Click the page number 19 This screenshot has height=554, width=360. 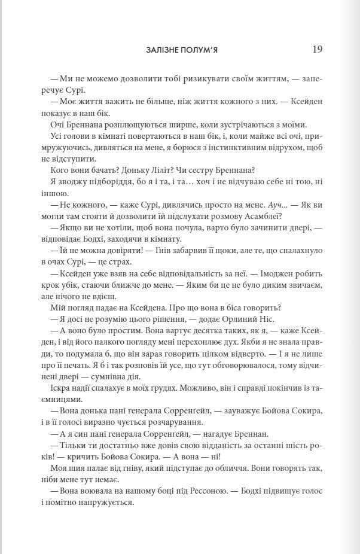317,50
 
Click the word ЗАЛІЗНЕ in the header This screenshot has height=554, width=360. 163,50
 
